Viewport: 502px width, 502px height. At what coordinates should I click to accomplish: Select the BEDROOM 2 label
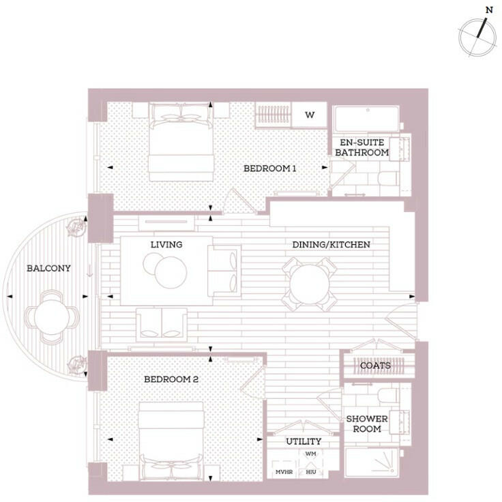pos(171,379)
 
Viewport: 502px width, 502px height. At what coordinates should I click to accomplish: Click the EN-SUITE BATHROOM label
pos(361,147)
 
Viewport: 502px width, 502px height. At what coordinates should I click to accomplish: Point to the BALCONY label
pos(48,268)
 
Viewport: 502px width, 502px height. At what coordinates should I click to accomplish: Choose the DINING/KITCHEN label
pos(331,244)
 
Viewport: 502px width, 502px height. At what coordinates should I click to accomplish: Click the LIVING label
pos(166,244)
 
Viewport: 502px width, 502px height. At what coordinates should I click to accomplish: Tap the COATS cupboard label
pos(376,366)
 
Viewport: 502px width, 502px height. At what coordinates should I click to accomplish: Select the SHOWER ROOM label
pos(367,424)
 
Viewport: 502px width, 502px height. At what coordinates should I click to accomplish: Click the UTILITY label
pos(303,441)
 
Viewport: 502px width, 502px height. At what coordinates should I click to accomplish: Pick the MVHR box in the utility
pos(284,471)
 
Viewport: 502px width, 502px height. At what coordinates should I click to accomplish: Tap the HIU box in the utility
pos(311,471)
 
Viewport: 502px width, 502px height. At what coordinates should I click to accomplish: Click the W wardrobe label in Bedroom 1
pos(310,115)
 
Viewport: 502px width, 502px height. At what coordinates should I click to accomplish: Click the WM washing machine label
pos(311,454)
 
